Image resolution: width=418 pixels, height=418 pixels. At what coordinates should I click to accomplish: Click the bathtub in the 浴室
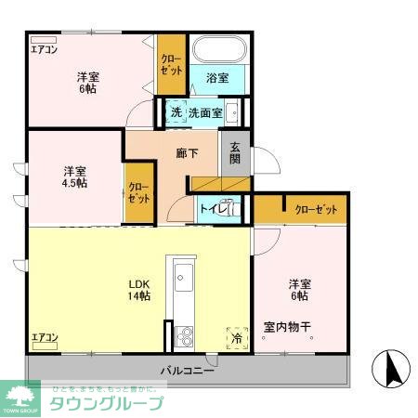pos(218,48)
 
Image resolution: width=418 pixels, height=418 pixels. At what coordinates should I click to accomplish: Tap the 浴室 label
pos(218,80)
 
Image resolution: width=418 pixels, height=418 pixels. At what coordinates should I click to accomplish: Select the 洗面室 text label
pos(204,112)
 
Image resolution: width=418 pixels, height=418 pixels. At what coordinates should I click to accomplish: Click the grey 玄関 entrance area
pos(234,154)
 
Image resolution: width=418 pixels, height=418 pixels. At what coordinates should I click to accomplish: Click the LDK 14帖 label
pos(139,289)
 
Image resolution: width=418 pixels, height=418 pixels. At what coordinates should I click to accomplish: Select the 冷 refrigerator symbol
pos(236,339)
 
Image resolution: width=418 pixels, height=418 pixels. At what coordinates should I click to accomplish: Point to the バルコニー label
pos(186,371)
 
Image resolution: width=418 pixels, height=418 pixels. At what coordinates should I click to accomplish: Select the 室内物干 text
pos(286,327)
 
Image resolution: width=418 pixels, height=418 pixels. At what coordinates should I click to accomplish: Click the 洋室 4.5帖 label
pos(75,176)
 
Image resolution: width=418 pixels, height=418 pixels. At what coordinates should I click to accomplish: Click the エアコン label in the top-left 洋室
pos(44,50)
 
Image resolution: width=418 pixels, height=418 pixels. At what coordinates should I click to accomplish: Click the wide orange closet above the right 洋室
pos(302,210)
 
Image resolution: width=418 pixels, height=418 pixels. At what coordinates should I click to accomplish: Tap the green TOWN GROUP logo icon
pos(21,398)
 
